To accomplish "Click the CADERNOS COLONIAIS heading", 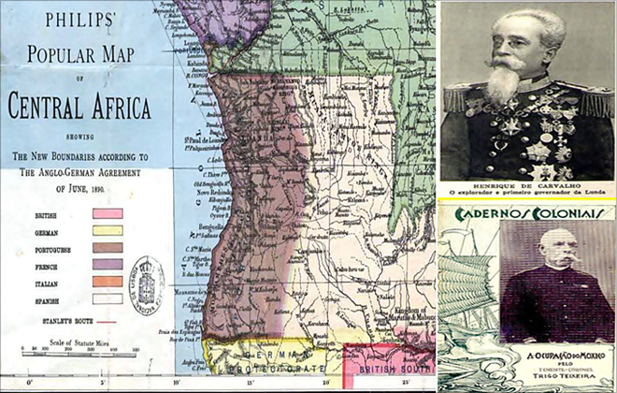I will [527, 211].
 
